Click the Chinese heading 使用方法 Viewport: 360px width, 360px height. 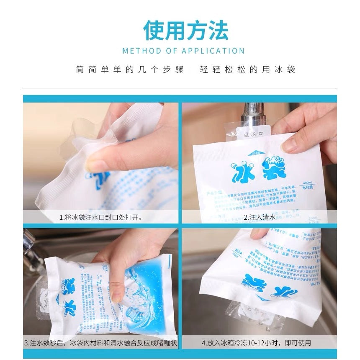coord(186,30)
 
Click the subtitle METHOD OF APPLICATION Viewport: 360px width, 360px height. coord(183,51)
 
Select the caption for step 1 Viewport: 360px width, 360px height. coord(100,217)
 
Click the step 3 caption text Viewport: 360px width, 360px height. coord(100,343)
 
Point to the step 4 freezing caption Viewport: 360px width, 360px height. coord(256,343)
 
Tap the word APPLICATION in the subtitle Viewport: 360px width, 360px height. coord(213,51)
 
